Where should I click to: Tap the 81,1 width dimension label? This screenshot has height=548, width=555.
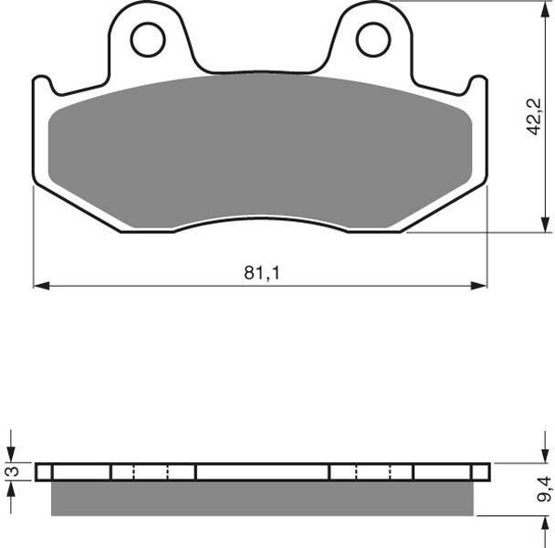pyautogui.click(x=262, y=273)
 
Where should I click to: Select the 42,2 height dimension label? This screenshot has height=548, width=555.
pyautogui.click(x=533, y=117)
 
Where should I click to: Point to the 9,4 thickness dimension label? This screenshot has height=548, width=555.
pyautogui.click(x=544, y=490)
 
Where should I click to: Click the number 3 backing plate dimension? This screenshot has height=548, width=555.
pyautogui.click(x=14, y=471)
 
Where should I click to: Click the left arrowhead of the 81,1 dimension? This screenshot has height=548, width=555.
pyautogui.click(x=41, y=286)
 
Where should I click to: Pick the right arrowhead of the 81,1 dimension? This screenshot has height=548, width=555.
pyautogui.click(x=479, y=286)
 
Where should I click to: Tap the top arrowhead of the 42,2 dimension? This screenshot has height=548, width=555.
pyautogui.click(x=544, y=9)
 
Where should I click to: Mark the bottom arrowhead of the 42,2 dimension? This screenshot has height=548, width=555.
pyautogui.click(x=544, y=225)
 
